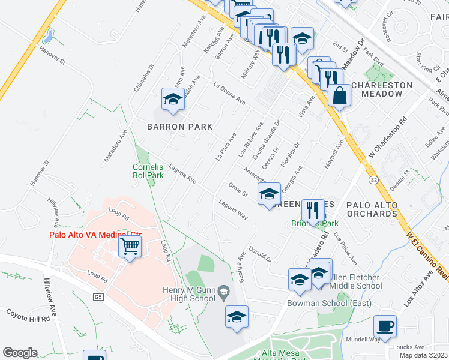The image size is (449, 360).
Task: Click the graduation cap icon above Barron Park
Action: point(173,100)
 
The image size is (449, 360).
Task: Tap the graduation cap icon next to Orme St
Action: point(269,194)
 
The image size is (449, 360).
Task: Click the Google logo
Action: point(19,353)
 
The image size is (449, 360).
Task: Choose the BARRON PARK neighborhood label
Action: point(180,127)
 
